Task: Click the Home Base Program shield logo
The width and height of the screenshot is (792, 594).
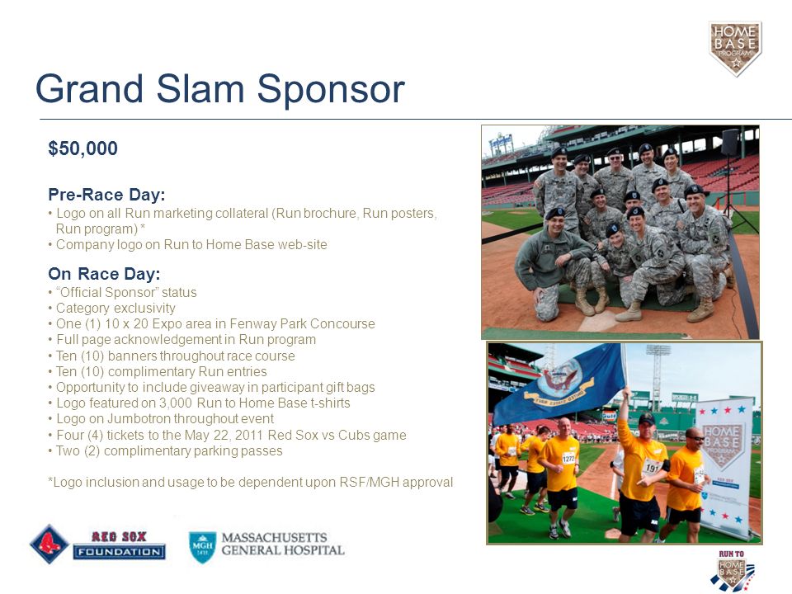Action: coord(735,49)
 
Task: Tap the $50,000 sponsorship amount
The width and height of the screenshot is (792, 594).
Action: coord(82,148)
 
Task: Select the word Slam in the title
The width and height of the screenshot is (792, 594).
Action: coord(200,89)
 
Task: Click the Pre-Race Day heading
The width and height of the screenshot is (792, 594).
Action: coord(106,195)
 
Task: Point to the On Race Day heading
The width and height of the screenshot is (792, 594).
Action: coord(104,274)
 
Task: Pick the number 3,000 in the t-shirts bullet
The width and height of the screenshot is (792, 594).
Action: coord(175,403)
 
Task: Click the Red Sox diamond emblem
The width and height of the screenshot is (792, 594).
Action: coord(49,544)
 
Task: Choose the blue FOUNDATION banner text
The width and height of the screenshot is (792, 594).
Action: coord(119,552)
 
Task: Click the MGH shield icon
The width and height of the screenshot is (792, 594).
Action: coord(203,547)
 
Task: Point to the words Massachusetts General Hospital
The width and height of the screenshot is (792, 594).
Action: coord(283,544)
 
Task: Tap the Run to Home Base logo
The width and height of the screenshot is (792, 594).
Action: coord(732,571)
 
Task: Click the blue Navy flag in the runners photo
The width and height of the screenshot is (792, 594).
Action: coord(559,384)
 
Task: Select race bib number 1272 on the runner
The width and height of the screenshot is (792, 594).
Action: coord(568,459)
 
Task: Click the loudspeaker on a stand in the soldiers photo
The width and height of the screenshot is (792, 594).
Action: coord(730,143)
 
